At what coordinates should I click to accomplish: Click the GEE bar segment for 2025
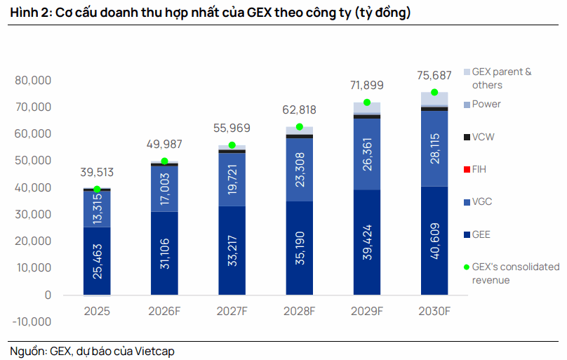pos(97,261)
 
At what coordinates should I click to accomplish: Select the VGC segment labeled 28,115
pos(434,149)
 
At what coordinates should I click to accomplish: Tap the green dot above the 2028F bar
pos(300,127)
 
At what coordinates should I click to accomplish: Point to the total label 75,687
pos(434,76)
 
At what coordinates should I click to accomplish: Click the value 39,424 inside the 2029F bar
pos(367,242)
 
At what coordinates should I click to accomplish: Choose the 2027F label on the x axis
pos(232,311)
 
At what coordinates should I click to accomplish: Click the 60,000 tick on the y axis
pos(33,134)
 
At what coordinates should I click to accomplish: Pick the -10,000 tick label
pos(32,321)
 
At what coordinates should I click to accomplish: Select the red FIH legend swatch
pos(467,169)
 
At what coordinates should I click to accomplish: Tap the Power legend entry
pos(482,104)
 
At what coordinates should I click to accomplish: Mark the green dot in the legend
pos(467,267)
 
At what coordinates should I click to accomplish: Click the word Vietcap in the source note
pos(154,352)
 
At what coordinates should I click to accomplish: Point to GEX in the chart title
pos(258,13)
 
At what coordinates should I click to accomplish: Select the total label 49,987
pos(164,145)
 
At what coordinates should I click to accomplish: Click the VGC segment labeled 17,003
pos(164,189)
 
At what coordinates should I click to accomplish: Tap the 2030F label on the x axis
pos(434,311)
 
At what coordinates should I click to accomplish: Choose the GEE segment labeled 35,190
pos(300,248)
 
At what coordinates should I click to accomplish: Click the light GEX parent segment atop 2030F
pos(434,99)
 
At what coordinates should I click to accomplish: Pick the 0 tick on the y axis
pos(48,295)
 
